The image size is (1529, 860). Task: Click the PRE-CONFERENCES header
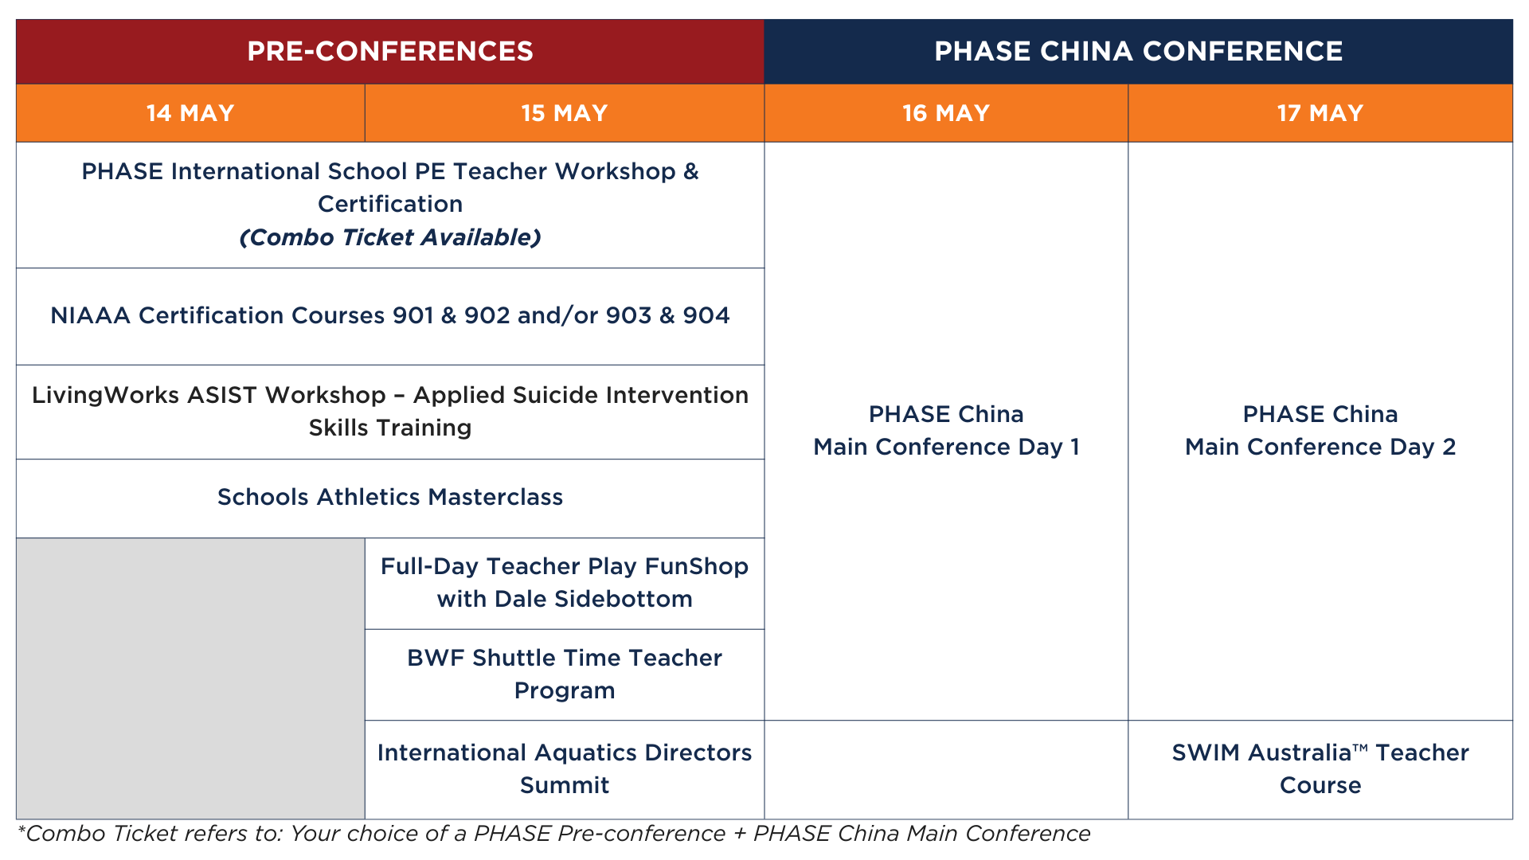coord(390,52)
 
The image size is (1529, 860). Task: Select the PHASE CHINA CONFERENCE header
coord(1139,52)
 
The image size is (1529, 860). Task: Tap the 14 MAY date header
coord(190,113)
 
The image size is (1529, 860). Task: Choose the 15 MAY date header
coord(565,113)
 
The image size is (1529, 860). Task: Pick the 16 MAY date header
coord(946,113)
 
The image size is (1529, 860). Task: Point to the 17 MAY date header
coord(1320,113)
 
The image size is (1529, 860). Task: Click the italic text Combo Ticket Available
coord(390,237)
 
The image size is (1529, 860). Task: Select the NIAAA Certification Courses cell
coord(390,316)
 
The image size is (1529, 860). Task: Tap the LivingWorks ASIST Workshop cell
coord(390,412)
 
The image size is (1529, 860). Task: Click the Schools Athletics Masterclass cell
coord(390,498)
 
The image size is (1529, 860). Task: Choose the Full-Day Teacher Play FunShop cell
coord(565,584)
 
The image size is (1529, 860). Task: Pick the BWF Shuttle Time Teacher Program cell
coord(565,674)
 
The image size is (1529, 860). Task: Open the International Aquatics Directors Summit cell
coord(565,769)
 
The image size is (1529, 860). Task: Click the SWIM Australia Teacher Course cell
coord(1320,769)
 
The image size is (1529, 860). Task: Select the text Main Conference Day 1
coord(946,447)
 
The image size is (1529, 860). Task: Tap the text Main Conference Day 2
coord(1320,447)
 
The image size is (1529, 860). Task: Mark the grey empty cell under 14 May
coord(190,678)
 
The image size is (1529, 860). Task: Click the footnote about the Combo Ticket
coord(553,834)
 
